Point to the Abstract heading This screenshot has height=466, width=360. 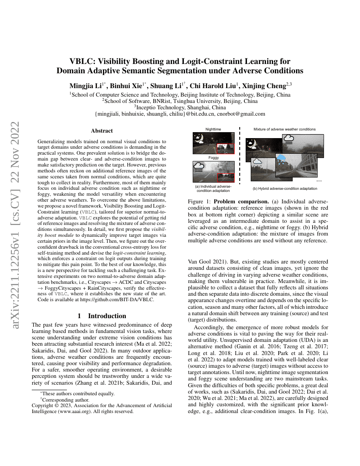pyautogui.click(x=102, y=131)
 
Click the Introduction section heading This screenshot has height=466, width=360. pyautogui.click(x=102, y=316)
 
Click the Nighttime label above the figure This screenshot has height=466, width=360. pyautogui.click(x=213, y=129)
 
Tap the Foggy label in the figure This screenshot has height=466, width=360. pyautogui.click(x=213, y=158)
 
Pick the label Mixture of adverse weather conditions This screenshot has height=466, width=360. pyautogui.click(x=284, y=129)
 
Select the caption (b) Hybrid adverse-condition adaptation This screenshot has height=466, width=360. pyautogui.click(x=285, y=189)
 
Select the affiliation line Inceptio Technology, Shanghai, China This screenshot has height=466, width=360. pyautogui.click(x=180, y=108)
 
